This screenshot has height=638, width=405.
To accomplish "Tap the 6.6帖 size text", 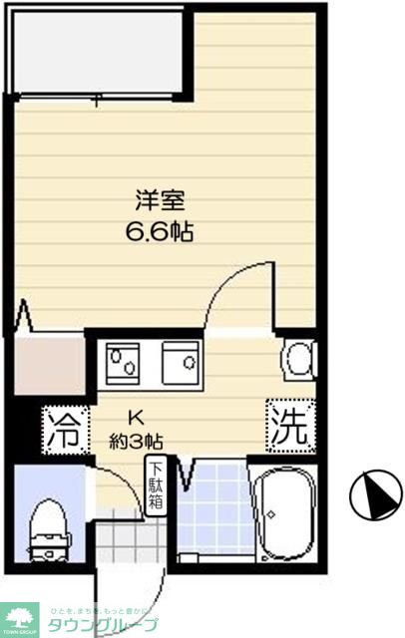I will click(160, 231).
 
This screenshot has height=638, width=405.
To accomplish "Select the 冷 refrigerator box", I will click(65, 431).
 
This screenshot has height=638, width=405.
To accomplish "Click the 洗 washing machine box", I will click(289, 427).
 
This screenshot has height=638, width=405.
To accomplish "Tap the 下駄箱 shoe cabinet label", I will click(157, 486).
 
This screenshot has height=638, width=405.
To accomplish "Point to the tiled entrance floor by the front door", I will click(125, 538).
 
